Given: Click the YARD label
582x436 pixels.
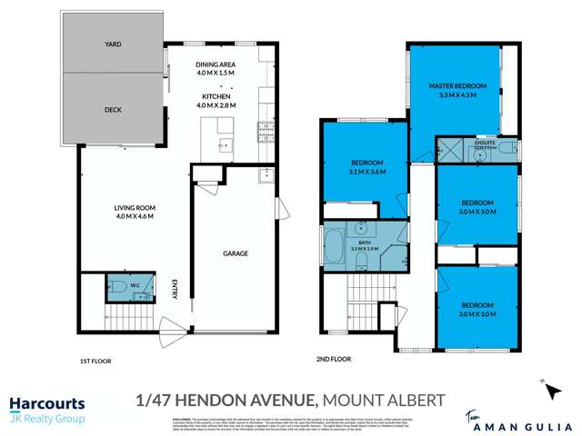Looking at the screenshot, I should (113, 44).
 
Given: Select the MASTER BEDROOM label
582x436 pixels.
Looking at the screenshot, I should (457, 85).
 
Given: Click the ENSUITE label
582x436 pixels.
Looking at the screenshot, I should (483, 143).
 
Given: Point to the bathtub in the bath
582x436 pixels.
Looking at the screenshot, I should (333, 248).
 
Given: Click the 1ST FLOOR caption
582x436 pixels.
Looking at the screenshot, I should (95, 362).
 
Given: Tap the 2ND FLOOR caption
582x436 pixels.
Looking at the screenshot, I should (335, 360).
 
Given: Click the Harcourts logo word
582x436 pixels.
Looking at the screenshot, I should (47, 402).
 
